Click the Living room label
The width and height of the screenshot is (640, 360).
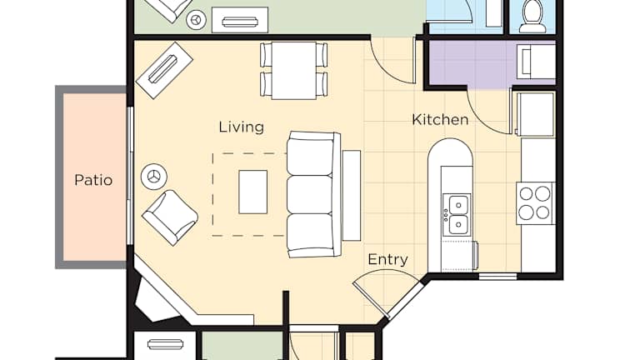241,127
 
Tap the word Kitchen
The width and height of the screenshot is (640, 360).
440,120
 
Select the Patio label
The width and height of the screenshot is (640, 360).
93,180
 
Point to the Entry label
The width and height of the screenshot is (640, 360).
387,260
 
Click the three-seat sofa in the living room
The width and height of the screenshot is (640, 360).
313,194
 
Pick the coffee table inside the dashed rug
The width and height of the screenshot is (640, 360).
253,192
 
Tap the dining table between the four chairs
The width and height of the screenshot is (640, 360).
294,70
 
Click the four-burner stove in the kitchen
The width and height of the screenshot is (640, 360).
535,202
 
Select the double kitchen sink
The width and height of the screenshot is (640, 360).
457,214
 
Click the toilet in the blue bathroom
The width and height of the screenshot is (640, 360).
532,17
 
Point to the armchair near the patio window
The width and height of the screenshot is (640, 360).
170,217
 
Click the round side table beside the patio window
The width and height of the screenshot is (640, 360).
154,177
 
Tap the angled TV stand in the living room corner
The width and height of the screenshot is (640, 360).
164,70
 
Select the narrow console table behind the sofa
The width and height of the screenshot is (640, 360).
352,196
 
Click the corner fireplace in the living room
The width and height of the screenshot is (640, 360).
157,296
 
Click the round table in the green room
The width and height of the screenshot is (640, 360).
197,20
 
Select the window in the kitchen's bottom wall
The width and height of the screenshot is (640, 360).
497,277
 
